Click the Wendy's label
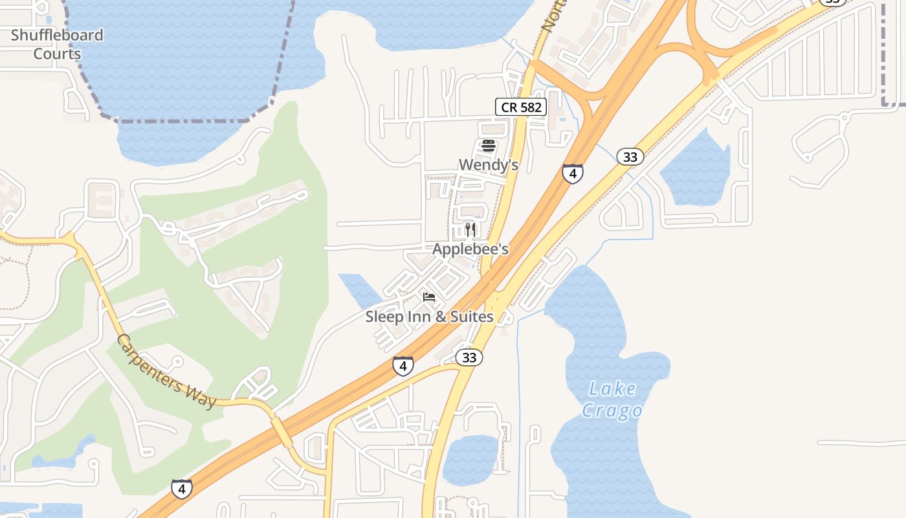pos(489,165)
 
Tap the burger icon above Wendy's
pos(489,146)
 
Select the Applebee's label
pos(470,249)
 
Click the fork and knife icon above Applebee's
pos(470,230)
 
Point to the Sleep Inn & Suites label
pos(429,317)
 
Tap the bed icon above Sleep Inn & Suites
pos(429,298)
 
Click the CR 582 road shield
pos(521,107)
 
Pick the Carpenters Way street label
pos(166,371)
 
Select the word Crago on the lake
pos(612,411)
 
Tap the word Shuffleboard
pos(57,35)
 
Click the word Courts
pos(57,54)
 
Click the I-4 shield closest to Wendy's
pos(572,174)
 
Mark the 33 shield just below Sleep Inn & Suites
pos(469,357)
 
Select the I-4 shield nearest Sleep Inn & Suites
pos(403,366)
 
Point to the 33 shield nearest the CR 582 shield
pos(630,157)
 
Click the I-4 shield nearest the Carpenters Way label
pos(182,489)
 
